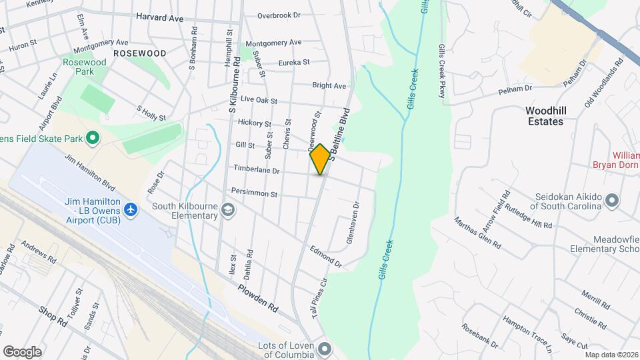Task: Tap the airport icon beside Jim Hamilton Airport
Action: click(131, 210)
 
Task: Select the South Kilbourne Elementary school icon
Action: click(229, 211)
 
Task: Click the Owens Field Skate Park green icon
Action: click(93, 139)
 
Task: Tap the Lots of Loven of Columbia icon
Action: click(325, 348)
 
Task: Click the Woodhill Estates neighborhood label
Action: click(553, 116)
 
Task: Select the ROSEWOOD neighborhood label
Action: click(139, 53)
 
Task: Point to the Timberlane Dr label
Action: click(255, 171)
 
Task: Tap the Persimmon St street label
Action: click(253, 193)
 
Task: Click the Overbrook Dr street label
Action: click(279, 15)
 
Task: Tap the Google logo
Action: click(22, 351)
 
